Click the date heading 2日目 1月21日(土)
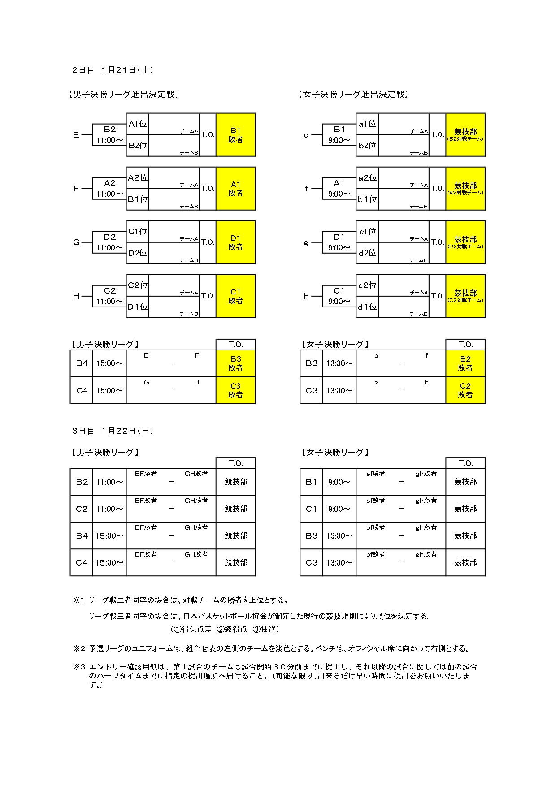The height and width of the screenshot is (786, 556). pos(113,70)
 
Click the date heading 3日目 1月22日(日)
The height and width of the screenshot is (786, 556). pos(113,431)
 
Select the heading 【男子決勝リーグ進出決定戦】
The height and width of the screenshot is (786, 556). pos(123,94)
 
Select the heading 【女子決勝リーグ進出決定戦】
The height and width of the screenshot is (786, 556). pos(353,94)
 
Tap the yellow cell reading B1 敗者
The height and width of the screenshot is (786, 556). pos(235,135)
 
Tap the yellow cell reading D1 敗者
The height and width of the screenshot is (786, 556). pos(235,242)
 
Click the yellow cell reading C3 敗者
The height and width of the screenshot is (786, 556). pos(235,390)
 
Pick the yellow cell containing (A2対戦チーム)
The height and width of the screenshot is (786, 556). pos(465,189)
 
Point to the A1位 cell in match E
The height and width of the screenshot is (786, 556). pos(138,124)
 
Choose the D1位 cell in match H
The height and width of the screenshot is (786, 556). pos(138,307)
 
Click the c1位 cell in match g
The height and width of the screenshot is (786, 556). pos(367,232)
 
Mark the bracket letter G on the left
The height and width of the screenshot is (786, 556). pos(76,242)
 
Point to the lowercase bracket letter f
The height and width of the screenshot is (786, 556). pos(306,189)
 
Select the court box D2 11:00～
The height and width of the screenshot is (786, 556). pos(109,242)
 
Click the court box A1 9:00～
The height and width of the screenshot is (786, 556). pos(339,189)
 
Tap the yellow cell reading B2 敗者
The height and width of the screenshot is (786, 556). pos(465,363)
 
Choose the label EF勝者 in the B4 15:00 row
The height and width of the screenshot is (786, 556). pos(146,527)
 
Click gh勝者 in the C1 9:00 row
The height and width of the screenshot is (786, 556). pos(426,501)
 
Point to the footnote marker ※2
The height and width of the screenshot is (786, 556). pos(79,648)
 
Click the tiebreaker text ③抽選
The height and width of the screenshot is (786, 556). pos(265,629)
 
